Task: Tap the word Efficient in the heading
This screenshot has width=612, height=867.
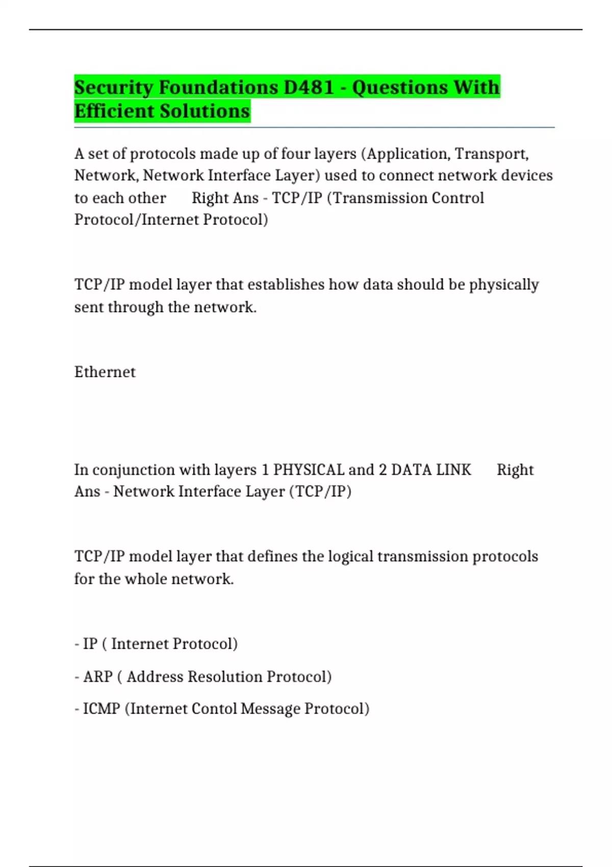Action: pos(114,111)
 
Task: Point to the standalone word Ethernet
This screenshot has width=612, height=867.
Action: pos(105,372)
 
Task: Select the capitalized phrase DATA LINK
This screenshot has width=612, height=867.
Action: pos(431,470)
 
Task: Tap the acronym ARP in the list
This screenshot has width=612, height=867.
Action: pos(98,677)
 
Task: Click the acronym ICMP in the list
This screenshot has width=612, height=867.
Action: pos(101,709)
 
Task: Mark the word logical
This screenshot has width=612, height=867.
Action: pos(350,556)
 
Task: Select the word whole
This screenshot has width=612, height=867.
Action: pos(146,579)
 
